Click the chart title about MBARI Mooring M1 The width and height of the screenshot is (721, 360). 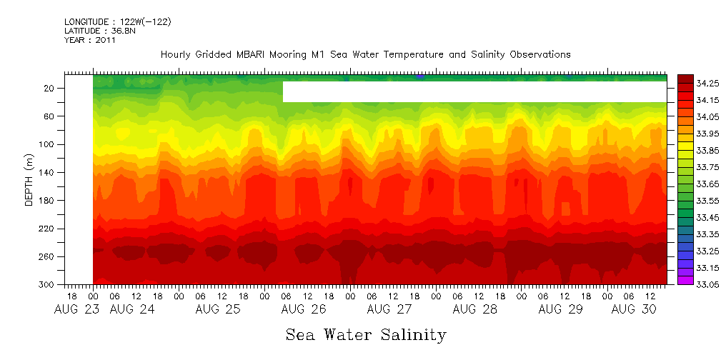point(365,54)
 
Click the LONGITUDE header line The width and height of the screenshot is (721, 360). point(118,22)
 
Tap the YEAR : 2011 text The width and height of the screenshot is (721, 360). point(90,40)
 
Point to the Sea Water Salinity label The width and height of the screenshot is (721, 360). point(366,334)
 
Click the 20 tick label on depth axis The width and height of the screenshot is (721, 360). point(49,89)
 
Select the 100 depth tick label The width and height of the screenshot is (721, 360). point(46,145)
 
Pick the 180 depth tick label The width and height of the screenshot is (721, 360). point(46,201)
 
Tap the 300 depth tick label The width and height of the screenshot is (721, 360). point(46,285)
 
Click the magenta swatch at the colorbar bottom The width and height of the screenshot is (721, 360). point(685,281)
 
